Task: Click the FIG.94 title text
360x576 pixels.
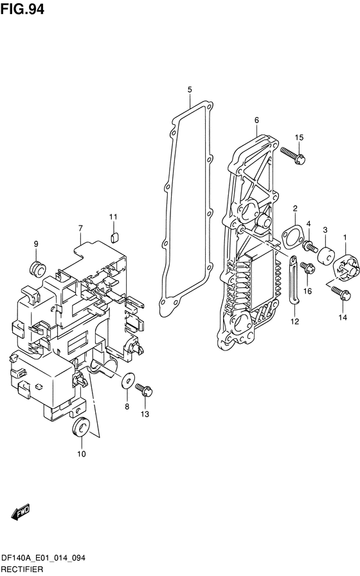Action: tap(22, 9)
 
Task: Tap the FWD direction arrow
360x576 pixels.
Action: tap(21, 512)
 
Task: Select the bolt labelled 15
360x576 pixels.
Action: tap(292, 155)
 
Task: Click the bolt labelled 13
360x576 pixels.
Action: tap(143, 390)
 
